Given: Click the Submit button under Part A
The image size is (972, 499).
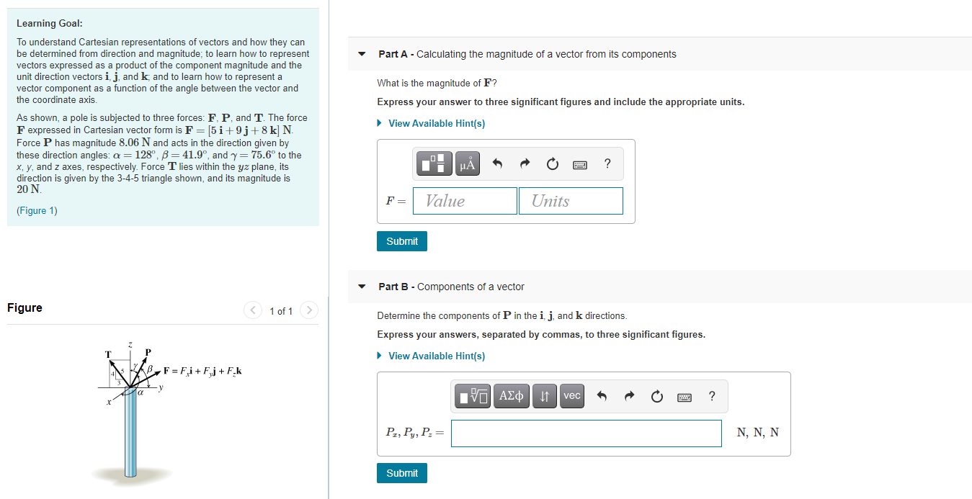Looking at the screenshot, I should pyautogui.click(x=401, y=241).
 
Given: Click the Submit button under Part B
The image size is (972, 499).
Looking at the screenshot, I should pyautogui.click(x=401, y=473).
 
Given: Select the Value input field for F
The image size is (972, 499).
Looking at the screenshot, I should pyautogui.click(x=465, y=201).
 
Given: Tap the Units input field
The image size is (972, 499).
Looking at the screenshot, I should pyautogui.click(x=570, y=201).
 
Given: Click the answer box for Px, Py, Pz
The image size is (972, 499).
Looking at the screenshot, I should pyautogui.click(x=586, y=433).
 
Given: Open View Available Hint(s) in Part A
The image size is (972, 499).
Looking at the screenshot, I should pyautogui.click(x=436, y=123).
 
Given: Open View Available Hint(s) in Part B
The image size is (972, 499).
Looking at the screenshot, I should pyautogui.click(x=436, y=356).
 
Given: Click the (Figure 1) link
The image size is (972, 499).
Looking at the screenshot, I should pyautogui.click(x=37, y=210).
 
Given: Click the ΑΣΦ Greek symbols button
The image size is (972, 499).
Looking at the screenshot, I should pyautogui.click(x=511, y=395).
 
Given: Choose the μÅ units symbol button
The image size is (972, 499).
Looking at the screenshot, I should pyautogui.click(x=468, y=164).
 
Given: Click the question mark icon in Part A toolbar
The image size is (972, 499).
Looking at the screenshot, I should pyautogui.click(x=607, y=163).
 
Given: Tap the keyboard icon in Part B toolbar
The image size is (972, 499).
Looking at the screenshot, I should pyautogui.click(x=684, y=396).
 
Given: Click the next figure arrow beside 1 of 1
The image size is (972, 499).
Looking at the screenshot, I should pyautogui.click(x=308, y=310).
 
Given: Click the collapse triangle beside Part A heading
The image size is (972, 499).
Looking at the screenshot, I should pyautogui.click(x=362, y=55).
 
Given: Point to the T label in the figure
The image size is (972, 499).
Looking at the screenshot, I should pyautogui.click(x=108, y=354).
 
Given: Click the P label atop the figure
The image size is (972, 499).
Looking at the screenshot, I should pyautogui.click(x=148, y=352).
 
